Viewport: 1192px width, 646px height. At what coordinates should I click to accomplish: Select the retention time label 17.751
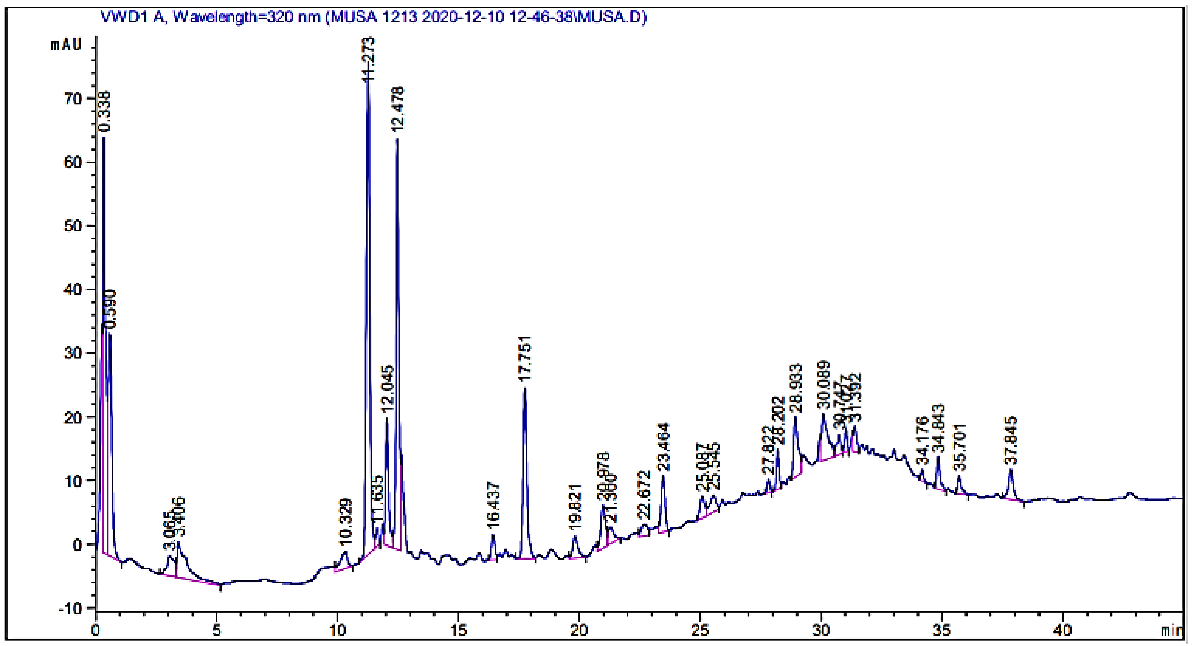click(x=525, y=359)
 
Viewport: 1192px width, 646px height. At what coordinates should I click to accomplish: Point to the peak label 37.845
click(x=1012, y=441)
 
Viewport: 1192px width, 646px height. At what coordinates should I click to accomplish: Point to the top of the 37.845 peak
click(x=1011, y=470)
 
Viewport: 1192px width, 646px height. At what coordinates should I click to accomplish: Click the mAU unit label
click(x=66, y=45)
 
